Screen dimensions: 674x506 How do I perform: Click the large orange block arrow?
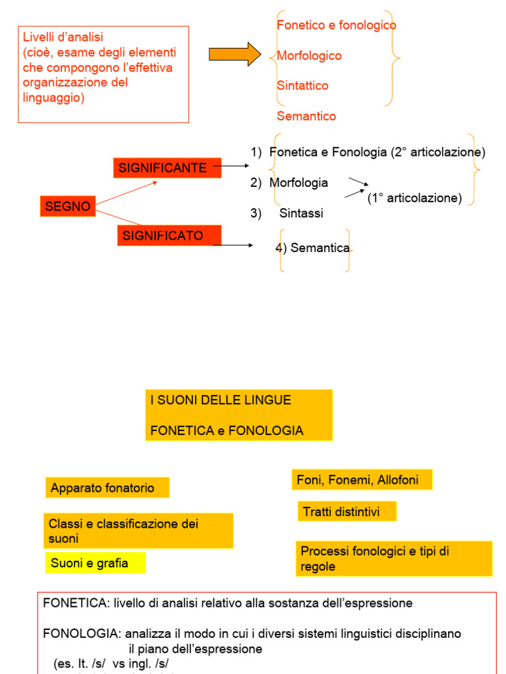click(x=235, y=54)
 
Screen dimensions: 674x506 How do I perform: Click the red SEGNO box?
click(x=68, y=207)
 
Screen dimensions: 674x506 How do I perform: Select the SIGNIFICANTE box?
click(x=163, y=168)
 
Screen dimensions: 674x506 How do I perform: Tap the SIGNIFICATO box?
click(x=169, y=236)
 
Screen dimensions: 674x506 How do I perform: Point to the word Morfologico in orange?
click(x=309, y=56)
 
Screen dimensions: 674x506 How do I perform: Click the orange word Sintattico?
click(x=302, y=86)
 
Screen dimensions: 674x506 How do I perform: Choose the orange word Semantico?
click(x=306, y=117)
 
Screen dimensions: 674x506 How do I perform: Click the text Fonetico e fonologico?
click(x=336, y=25)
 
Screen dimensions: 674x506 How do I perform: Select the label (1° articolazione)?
click(x=414, y=198)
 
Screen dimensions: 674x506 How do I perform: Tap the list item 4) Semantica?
click(x=313, y=248)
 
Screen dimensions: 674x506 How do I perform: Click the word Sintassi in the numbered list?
click(x=301, y=213)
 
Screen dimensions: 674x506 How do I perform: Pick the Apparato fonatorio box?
click(x=107, y=488)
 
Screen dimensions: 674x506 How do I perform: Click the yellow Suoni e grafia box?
click(x=95, y=563)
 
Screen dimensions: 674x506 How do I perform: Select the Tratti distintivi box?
click(x=347, y=511)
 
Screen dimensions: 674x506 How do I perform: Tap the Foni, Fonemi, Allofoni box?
click(x=362, y=480)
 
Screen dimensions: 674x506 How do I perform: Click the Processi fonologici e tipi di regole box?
click(x=393, y=559)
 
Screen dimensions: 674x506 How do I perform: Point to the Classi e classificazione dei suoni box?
click(x=138, y=531)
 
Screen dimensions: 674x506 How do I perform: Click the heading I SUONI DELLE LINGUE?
click(x=221, y=400)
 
